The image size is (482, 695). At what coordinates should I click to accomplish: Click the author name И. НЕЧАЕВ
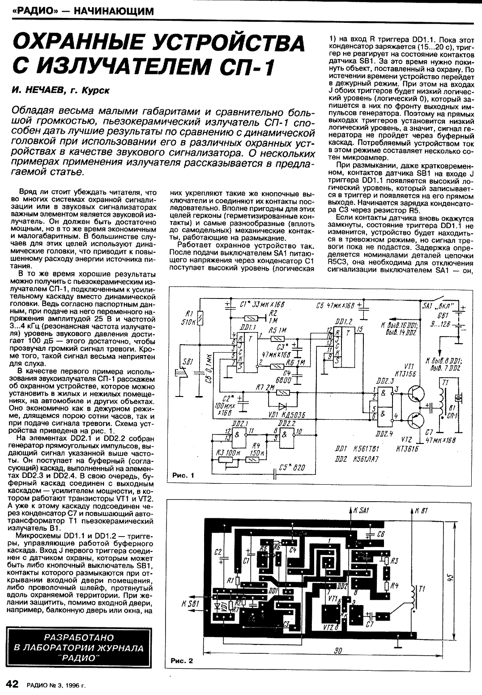click(38, 91)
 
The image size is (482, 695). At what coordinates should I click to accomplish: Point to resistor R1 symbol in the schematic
click(200, 319)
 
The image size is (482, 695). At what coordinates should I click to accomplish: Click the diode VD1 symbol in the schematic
click(282, 406)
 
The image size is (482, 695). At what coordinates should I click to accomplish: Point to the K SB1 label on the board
click(191, 604)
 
